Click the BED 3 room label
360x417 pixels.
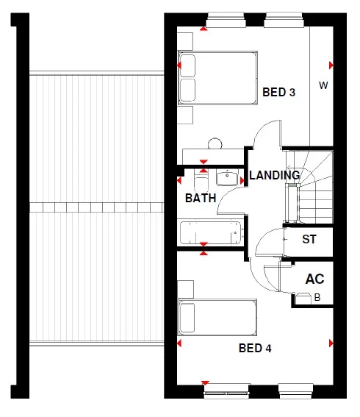(278, 93)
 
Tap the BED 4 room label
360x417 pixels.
(255, 348)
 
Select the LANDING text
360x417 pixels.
(274, 176)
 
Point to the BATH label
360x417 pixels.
(200, 199)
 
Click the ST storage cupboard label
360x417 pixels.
(309, 240)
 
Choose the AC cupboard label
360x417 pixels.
(315, 279)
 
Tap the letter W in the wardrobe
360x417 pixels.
(323, 85)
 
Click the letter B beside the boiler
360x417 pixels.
(318, 298)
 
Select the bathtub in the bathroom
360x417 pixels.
(210, 232)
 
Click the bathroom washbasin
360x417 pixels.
(228, 177)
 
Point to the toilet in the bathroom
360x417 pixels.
(200, 177)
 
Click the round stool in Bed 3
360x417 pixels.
(215, 143)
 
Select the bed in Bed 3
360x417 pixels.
(217, 76)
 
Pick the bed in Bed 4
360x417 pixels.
(217, 317)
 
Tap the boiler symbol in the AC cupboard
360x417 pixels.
(303, 299)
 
